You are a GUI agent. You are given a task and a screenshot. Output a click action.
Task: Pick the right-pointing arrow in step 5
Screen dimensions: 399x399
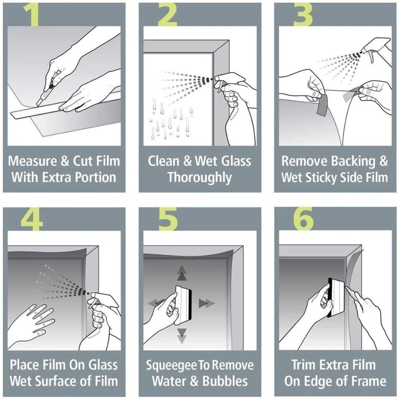(x=205, y=303)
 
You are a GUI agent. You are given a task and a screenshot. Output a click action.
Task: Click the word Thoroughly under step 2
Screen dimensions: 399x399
(x=199, y=177)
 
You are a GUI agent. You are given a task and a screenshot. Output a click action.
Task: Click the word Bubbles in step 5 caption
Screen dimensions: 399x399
(x=225, y=381)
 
